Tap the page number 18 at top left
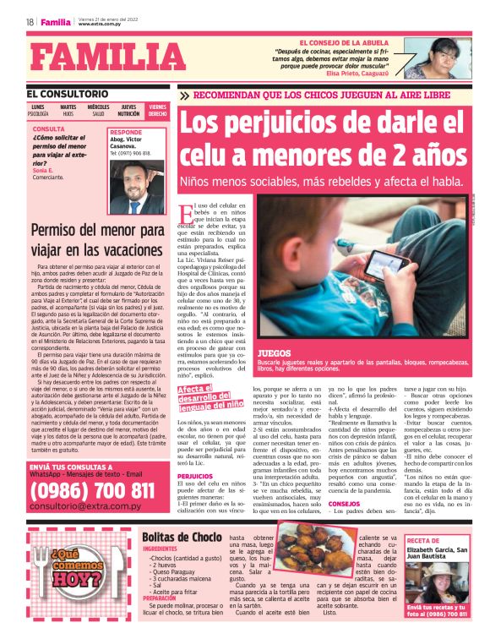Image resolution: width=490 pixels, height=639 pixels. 30,23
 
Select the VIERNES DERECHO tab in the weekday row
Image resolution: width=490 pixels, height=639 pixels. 157,110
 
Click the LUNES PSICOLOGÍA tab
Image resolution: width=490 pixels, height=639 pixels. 39,110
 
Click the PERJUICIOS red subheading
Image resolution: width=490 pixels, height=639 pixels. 195,476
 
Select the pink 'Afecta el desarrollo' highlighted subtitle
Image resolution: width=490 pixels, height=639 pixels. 207,394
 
